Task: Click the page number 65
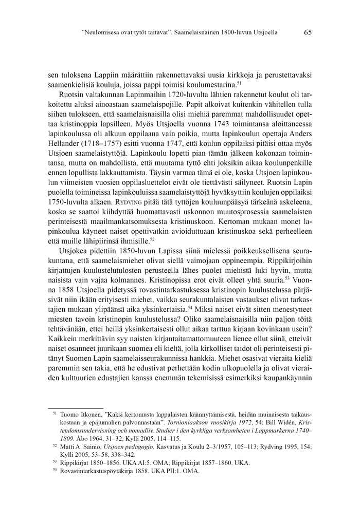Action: [x=308, y=32]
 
